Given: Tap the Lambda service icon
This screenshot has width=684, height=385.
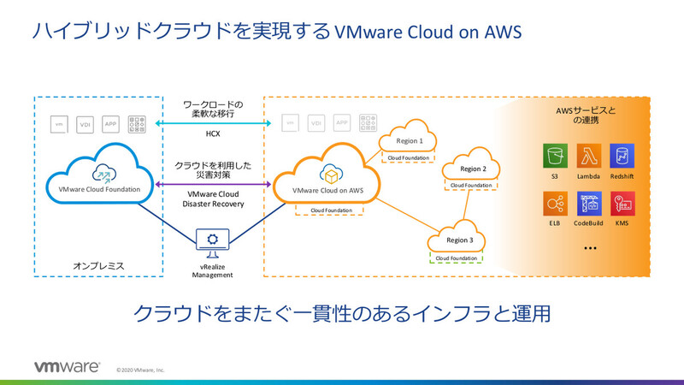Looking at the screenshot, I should tap(589, 157).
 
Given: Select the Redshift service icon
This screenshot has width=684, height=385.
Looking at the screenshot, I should tap(622, 157).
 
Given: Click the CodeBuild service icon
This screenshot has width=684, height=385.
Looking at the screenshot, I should tap(589, 204).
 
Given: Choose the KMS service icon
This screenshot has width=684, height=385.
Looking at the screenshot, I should tap(622, 204).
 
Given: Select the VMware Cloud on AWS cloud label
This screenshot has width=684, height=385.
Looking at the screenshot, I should tap(328, 190).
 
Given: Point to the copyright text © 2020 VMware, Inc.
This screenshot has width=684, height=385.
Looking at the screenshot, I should tap(140, 370).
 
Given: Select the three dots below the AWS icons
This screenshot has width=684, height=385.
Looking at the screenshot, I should tap(589, 248).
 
